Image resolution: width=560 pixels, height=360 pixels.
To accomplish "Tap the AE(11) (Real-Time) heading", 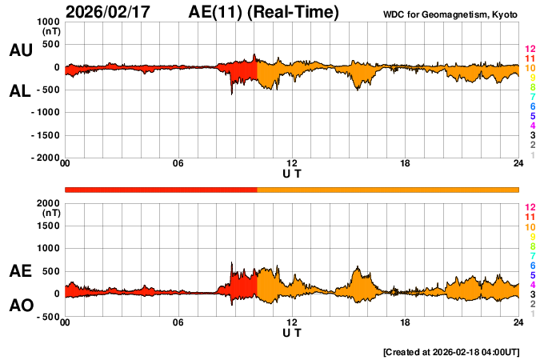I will point(264,13).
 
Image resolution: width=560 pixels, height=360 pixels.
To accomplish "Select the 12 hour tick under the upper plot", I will point(292,164).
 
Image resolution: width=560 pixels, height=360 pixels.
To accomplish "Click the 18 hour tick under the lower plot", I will point(406,322).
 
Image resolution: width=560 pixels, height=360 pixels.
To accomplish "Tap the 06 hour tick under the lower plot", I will point(178,322).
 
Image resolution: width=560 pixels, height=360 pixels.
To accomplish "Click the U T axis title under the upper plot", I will point(292,174).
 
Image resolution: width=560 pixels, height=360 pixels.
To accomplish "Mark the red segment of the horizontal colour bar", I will point(160,189).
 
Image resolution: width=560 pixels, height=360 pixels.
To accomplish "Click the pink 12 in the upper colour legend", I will point(530,50).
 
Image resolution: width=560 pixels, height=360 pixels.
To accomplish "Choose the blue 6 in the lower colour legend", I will point(532,265).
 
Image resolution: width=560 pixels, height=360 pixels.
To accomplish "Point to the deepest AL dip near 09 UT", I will point(232,94).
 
